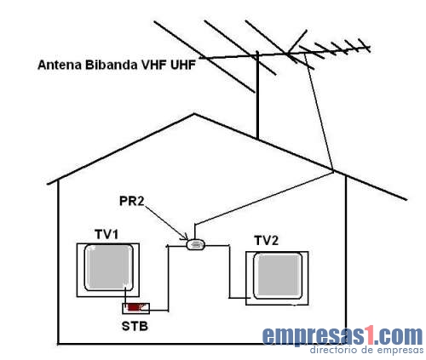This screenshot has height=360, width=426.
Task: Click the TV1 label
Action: point(106,235)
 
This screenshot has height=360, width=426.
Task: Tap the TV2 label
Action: point(266,241)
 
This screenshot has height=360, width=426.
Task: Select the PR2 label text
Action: point(132,201)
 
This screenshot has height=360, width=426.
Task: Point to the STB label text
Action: point(135,326)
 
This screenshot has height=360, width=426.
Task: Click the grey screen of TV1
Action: point(109,267)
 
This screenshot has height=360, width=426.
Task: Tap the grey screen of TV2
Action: point(278,276)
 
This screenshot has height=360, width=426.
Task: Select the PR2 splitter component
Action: point(196,244)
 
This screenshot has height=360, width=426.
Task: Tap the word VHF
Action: point(153,65)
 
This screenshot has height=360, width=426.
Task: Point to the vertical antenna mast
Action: point(257,95)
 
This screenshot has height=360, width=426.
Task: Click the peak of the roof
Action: point(194,114)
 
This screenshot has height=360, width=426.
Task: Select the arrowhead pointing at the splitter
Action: point(184,237)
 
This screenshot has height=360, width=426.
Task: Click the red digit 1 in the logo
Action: point(370,335)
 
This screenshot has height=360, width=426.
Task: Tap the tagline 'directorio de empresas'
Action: point(366,350)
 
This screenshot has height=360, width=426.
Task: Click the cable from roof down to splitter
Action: point(263,197)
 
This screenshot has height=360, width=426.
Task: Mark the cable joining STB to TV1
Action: point(125,295)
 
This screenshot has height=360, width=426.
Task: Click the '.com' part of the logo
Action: point(400,335)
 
